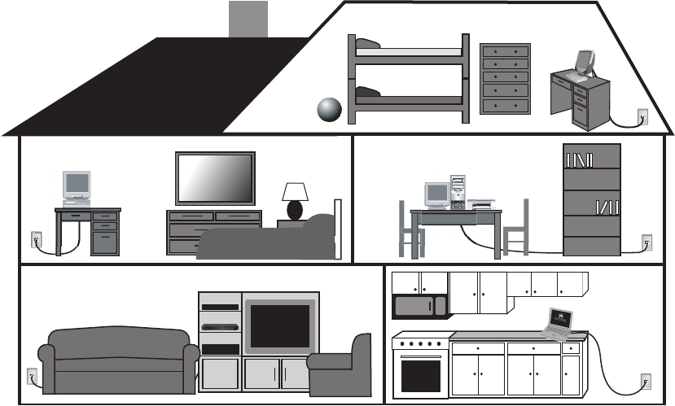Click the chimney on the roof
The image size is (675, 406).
click(x=248, y=19)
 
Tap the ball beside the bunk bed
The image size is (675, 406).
click(x=329, y=109)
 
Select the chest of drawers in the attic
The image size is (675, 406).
click(x=505, y=78)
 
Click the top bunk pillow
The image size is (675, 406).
click(x=368, y=44)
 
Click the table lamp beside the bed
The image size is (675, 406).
click(x=295, y=199)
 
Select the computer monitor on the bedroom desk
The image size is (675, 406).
click(x=77, y=185)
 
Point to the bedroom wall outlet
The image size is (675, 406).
click(x=35, y=240)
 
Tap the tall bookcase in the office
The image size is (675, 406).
click(x=592, y=199)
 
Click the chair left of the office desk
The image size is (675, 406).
click(x=409, y=229)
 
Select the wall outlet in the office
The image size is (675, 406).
click(x=647, y=242)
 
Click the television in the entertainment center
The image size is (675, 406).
click(x=279, y=325)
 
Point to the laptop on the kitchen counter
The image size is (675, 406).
click(x=559, y=322)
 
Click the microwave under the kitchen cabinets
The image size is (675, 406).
click(x=419, y=306)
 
